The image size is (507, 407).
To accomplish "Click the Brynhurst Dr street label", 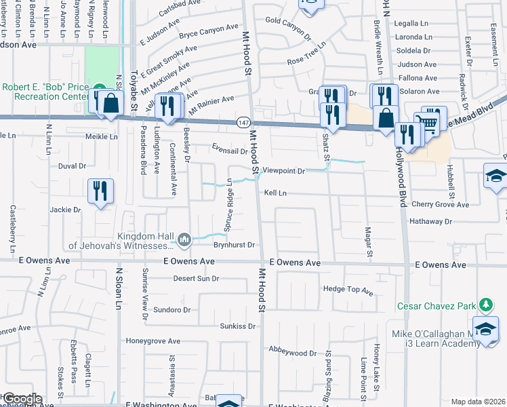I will (233, 245).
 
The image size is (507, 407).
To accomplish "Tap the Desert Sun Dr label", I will (196, 278).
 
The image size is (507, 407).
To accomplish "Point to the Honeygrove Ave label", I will (153, 341).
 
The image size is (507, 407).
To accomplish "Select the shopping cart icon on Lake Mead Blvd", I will (427, 123).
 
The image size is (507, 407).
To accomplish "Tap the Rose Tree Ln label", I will (306, 61).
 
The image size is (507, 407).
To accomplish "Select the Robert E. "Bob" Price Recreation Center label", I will (47, 92).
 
